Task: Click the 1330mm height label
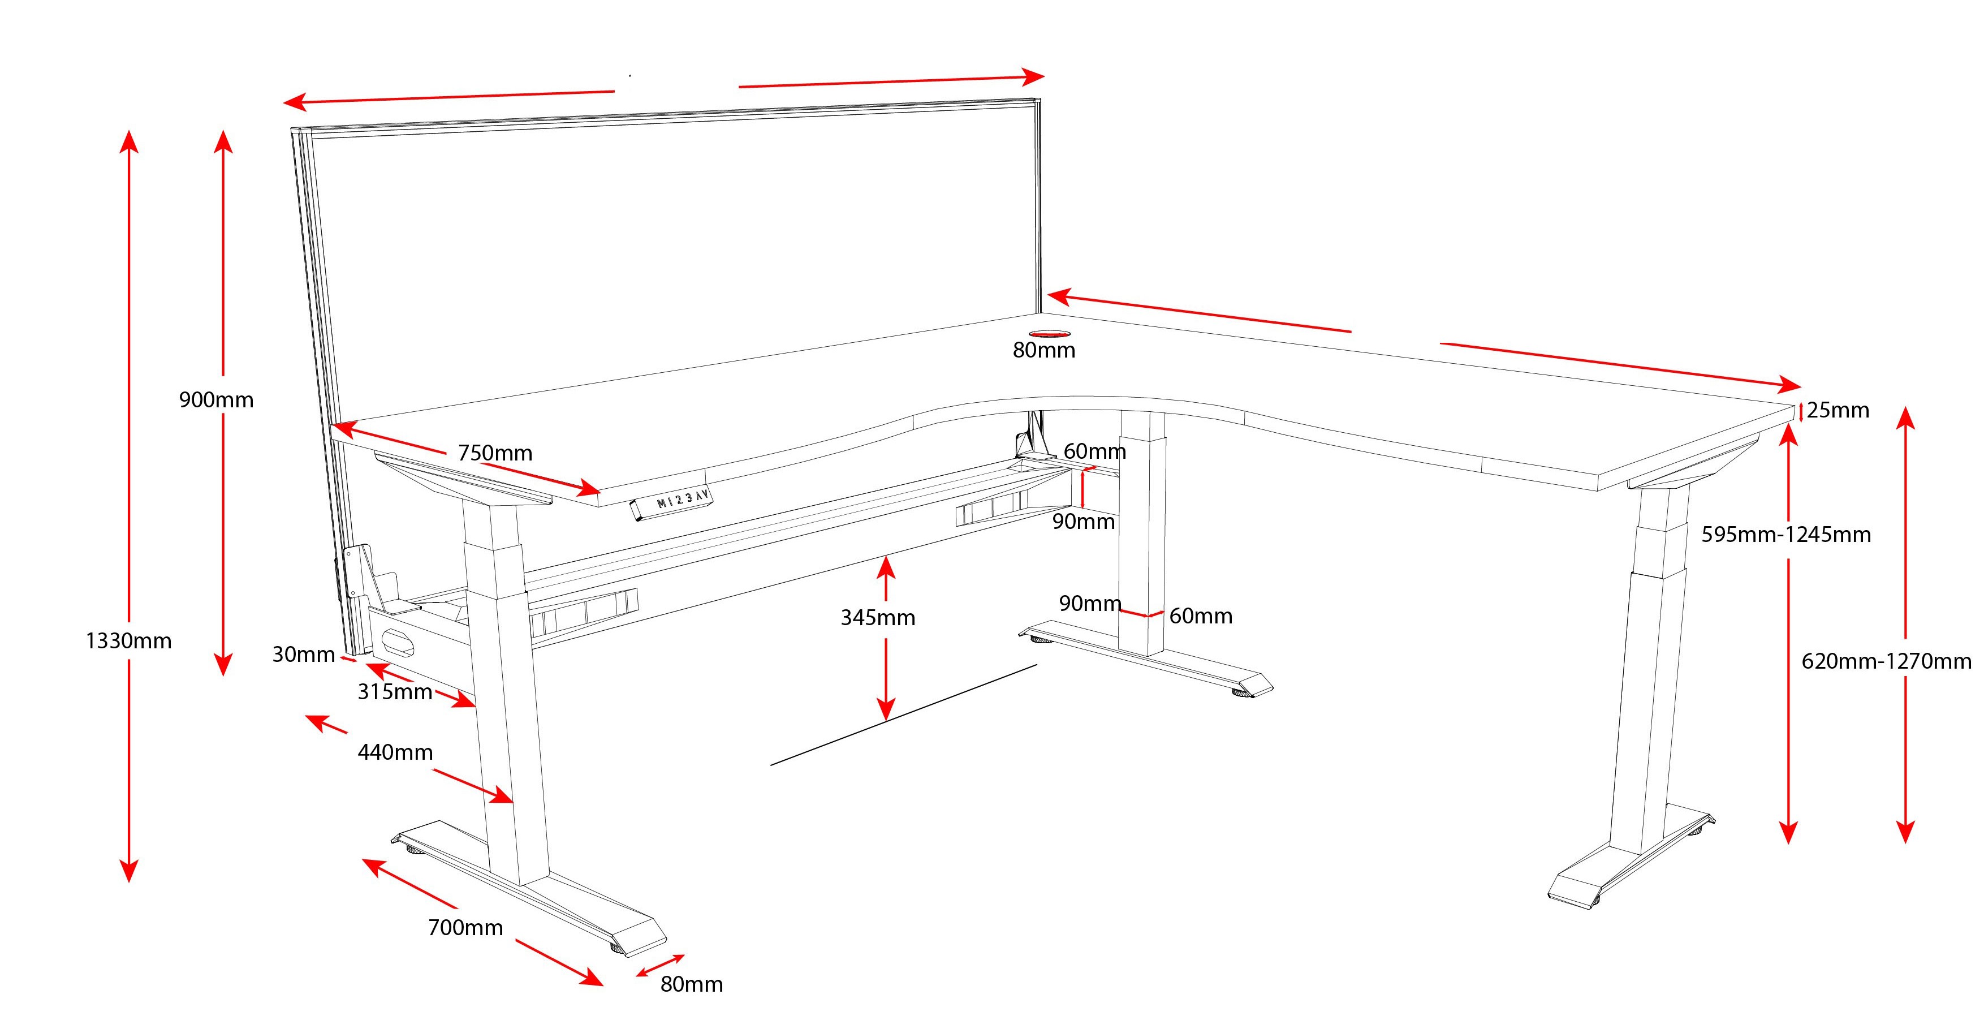coord(128,641)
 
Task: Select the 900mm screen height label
coord(217,400)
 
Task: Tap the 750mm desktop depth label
coord(495,453)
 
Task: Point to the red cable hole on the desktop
coord(1049,334)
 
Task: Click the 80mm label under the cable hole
coord(1043,351)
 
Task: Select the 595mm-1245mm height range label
coord(1785,535)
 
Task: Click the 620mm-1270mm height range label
coord(1886,661)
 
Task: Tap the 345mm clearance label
coord(877,618)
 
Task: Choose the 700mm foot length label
coord(465,927)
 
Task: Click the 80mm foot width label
coord(692,984)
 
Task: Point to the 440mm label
coord(395,752)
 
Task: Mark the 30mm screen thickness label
coord(304,655)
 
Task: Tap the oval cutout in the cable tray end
coord(398,641)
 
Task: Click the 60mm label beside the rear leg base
coord(1201,616)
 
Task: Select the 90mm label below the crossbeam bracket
coord(1084,522)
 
